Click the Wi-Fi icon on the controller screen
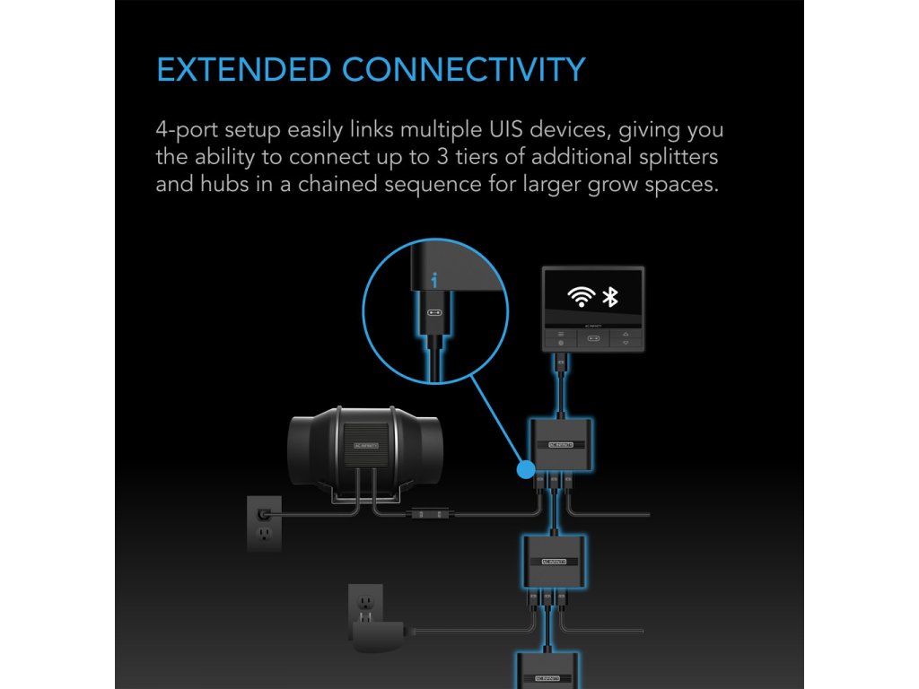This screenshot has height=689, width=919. tap(582, 297)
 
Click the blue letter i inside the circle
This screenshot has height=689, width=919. tap(434, 282)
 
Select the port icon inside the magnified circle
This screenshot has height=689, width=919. tap(434, 313)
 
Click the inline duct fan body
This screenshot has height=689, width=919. tap(358, 444)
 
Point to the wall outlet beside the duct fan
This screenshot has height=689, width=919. tap(265, 524)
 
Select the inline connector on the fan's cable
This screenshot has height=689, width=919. tap(423, 515)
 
